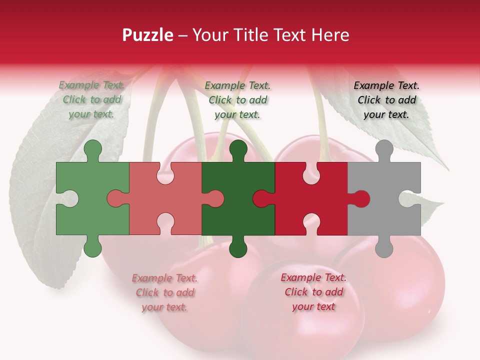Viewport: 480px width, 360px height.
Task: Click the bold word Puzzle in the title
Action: click(x=148, y=35)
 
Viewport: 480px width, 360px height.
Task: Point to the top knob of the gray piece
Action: click(x=384, y=150)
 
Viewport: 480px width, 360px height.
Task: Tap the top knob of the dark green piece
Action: click(x=238, y=150)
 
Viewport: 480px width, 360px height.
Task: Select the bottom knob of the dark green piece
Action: click(x=238, y=247)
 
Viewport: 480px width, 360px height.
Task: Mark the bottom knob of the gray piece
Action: click(x=384, y=247)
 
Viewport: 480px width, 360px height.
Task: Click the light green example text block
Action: click(x=91, y=99)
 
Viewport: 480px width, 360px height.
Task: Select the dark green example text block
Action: click(x=237, y=100)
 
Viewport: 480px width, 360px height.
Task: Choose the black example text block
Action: click(x=386, y=100)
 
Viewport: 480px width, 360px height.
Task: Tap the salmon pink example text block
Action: click(x=164, y=292)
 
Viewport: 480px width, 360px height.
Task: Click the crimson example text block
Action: click(x=313, y=292)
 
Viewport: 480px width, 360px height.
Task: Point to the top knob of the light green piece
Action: click(x=92, y=150)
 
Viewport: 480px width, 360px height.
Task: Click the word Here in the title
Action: click(x=329, y=35)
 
